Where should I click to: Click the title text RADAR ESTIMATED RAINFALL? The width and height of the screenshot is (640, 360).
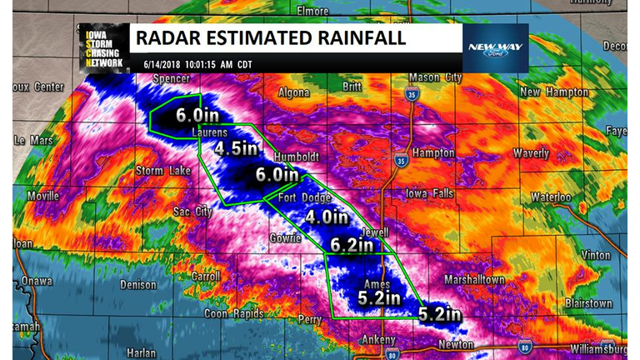click(x=270, y=37)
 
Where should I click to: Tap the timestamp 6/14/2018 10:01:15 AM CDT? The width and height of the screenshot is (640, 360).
click(x=198, y=64)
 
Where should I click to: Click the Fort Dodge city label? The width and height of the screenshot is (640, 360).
click(x=305, y=198)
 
